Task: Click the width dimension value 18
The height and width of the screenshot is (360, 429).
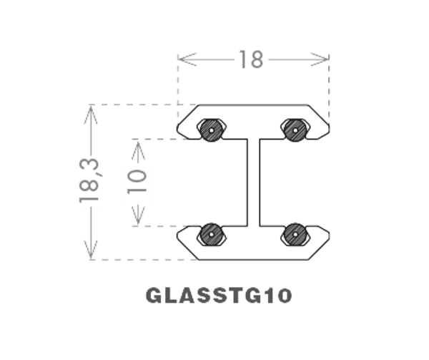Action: [x=251, y=60]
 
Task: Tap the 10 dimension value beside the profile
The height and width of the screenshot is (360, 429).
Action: [x=138, y=183]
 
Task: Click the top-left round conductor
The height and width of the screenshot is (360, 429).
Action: [x=210, y=130]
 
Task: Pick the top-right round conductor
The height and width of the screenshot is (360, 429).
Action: [x=295, y=130]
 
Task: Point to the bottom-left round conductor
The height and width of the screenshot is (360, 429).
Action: [x=210, y=234]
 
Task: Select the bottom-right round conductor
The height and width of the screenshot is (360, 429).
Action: [x=295, y=234]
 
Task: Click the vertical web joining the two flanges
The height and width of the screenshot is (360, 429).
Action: [x=252, y=182]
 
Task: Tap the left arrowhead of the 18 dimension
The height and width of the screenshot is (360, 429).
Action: [x=181, y=61]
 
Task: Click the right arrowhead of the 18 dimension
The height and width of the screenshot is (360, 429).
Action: [x=325, y=61]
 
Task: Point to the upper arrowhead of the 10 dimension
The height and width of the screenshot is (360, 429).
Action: [x=139, y=146]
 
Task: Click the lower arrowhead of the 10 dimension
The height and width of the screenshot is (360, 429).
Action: [x=139, y=219]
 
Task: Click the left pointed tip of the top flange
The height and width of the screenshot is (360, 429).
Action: [x=178, y=129]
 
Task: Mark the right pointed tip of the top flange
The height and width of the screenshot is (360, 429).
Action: [x=330, y=129]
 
